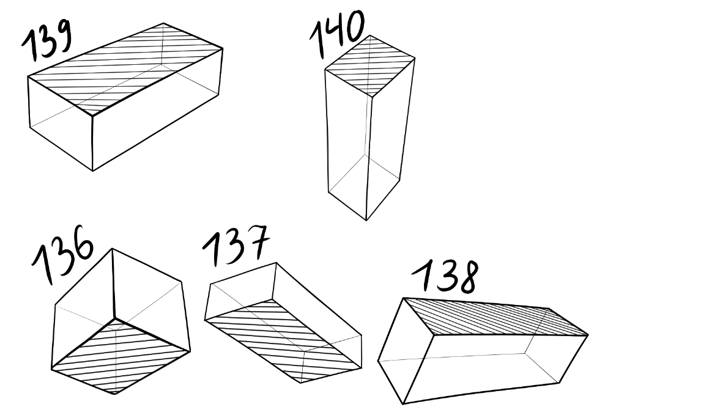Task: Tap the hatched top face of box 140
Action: (x=370, y=65)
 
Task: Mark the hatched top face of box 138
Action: (x=496, y=317)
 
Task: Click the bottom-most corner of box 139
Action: (x=93, y=171)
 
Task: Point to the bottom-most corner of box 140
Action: (x=366, y=221)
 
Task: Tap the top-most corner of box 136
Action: (x=112, y=248)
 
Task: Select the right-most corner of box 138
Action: (x=588, y=335)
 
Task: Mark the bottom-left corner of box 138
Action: (x=403, y=404)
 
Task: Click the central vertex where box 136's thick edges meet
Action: (x=115, y=319)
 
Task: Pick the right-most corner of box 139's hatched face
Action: (x=223, y=48)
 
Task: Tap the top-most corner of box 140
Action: (x=370, y=35)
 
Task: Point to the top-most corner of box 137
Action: (x=276, y=263)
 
